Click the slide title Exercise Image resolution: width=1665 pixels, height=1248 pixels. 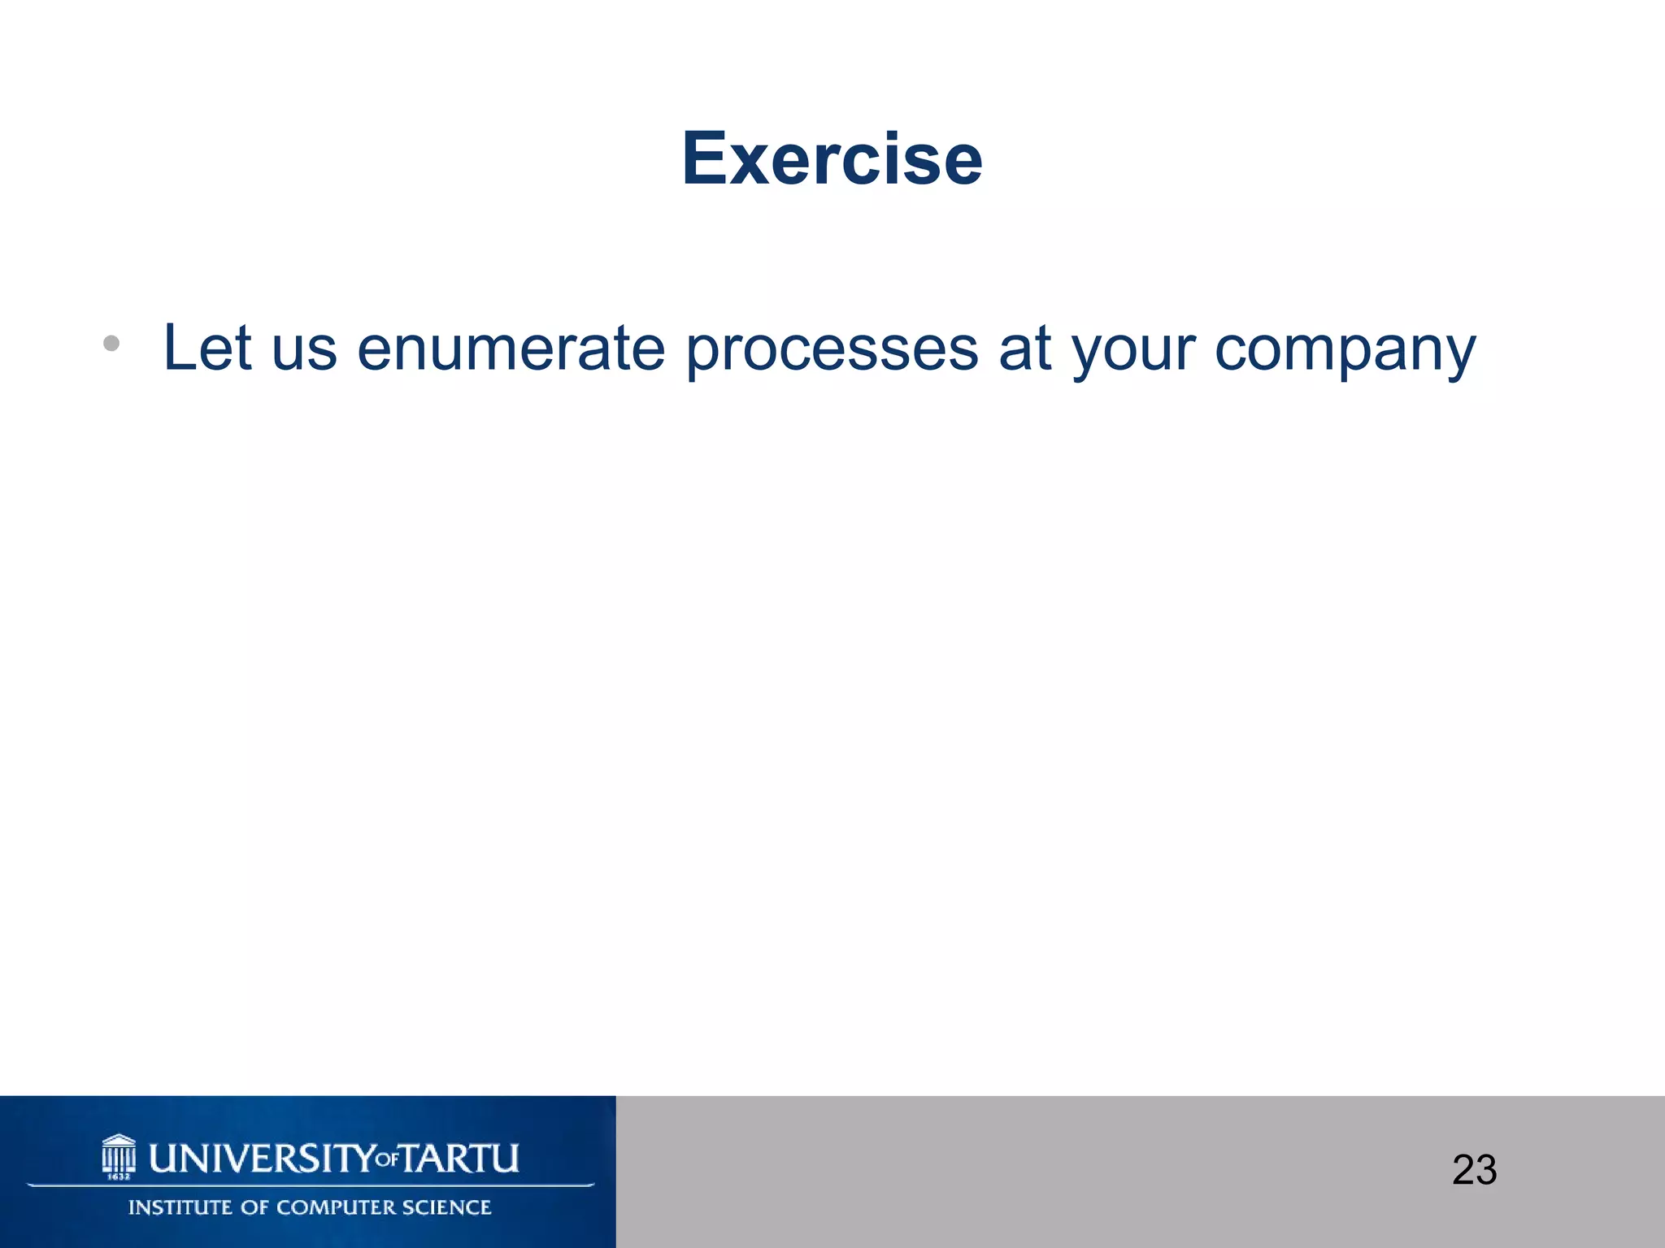(832, 158)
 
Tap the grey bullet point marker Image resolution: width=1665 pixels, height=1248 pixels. (111, 344)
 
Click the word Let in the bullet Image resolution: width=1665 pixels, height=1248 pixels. (206, 348)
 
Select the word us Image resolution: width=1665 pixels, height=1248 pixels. (304, 351)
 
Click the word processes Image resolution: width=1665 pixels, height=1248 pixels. (832, 351)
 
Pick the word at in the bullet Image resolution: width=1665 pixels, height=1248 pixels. (1025, 349)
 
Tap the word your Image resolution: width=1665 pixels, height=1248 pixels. (1134, 353)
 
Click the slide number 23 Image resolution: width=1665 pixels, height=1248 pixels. (1474, 1170)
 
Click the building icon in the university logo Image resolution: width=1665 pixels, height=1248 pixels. (119, 1152)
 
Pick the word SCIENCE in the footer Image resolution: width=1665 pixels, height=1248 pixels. (446, 1207)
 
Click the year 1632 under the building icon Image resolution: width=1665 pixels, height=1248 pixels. (119, 1176)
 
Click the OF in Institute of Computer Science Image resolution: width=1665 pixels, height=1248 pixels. (254, 1207)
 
